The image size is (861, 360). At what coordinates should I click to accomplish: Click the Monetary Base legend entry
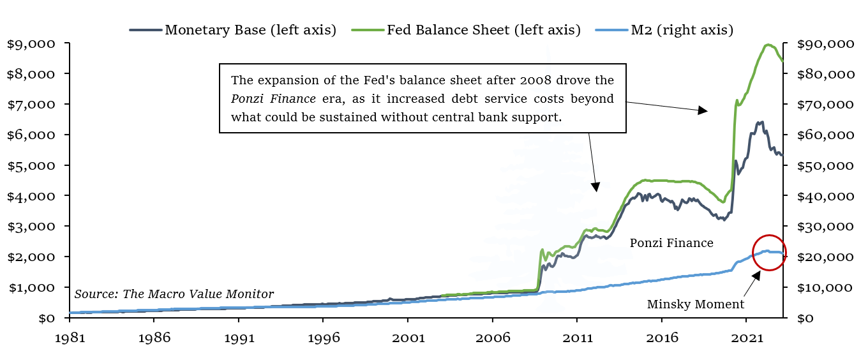point(232,30)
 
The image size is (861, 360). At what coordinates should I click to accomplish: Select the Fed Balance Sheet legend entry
point(466,30)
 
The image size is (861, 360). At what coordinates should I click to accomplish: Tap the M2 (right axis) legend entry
point(664,30)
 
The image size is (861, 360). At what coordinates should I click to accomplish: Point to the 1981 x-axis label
point(70,338)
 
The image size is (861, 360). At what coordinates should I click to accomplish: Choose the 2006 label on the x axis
point(493,338)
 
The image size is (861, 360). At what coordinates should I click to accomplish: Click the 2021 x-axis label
point(747,338)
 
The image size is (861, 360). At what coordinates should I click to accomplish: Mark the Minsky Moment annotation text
point(696,304)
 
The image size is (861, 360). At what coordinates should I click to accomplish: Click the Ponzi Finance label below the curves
point(671,243)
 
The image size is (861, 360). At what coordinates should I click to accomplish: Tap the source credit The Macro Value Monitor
point(174,294)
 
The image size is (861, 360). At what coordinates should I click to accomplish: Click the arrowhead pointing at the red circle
point(756,276)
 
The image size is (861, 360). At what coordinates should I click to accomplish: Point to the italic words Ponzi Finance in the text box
point(273,99)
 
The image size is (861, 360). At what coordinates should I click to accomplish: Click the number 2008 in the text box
point(535,80)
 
